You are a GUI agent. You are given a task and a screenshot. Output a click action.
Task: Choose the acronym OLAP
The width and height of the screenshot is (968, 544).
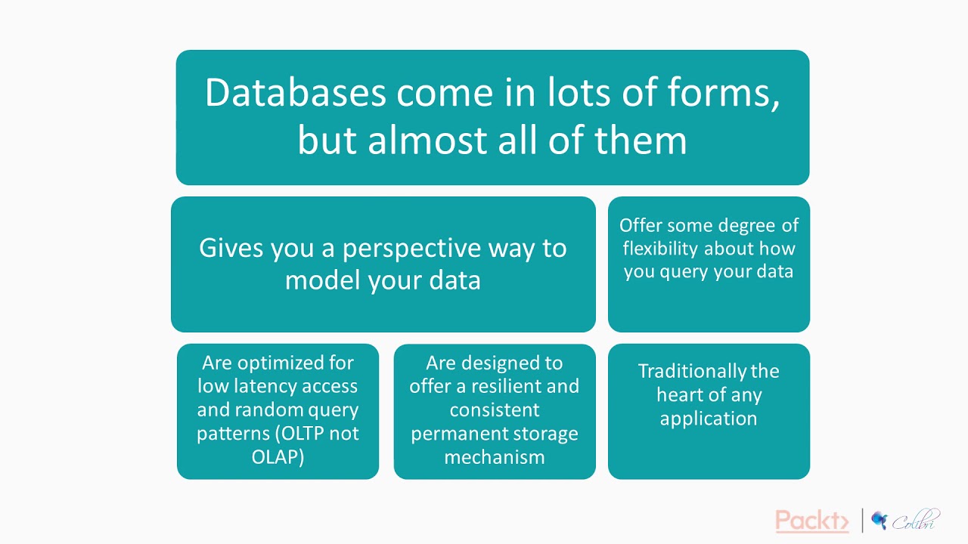[x=278, y=457]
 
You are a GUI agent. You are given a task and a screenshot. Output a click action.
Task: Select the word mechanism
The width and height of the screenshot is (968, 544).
[x=494, y=457]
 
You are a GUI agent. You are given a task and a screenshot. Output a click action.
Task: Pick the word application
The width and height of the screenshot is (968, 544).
[x=709, y=419]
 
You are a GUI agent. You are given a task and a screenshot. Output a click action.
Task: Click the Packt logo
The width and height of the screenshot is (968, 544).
[x=812, y=521]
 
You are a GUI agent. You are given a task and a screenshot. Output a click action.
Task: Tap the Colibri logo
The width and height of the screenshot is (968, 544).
[x=905, y=521]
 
